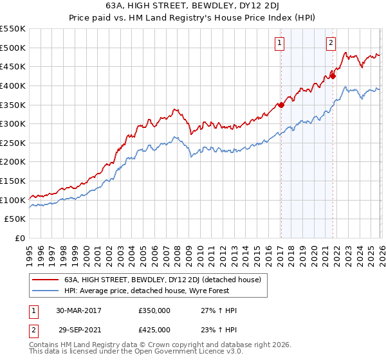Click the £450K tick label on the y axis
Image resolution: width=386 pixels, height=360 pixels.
click(13, 66)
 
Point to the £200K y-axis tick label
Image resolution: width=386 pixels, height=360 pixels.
click(13, 162)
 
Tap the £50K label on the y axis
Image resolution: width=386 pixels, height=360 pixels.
click(15, 219)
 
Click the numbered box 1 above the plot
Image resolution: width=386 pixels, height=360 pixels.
click(280, 43)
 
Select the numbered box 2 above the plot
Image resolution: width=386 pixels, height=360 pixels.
click(331, 43)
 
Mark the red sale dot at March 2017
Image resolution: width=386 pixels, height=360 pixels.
click(281, 105)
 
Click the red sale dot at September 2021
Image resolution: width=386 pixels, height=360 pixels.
click(333, 76)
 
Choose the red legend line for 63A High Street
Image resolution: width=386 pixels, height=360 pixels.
click(44, 280)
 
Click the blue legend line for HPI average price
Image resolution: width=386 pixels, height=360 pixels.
click(44, 291)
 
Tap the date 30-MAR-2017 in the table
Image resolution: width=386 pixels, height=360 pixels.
click(78, 310)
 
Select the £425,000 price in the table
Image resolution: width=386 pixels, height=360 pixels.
click(154, 329)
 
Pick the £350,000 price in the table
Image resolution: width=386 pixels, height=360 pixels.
click(154, 310)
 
